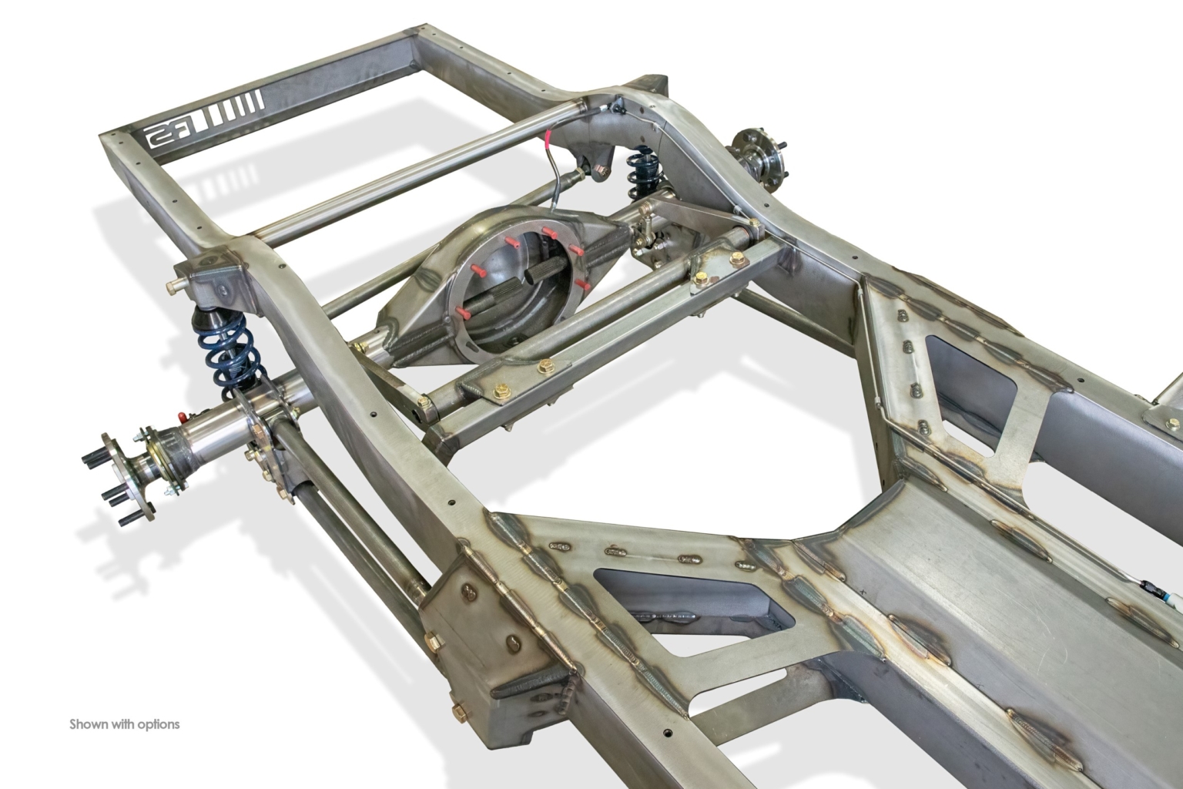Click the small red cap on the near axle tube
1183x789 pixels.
coord(183,415)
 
